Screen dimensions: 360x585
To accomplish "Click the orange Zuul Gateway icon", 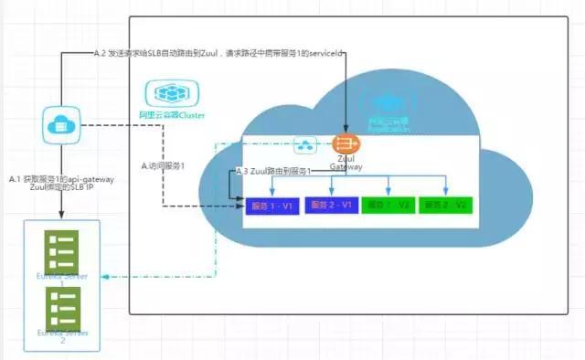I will pos(346,144).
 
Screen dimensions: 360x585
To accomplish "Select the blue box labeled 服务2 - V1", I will pos(330,206).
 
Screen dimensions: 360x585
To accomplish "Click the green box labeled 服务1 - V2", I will pos(388,206).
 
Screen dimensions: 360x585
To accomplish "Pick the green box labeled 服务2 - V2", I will pos(445,206).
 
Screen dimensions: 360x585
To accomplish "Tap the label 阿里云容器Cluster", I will pos(175,116).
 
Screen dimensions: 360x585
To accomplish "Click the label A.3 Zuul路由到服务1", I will pos(273,171).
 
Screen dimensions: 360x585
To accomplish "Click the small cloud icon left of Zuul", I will pos(305,144).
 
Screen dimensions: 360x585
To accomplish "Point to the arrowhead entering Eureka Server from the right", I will pos(105,275).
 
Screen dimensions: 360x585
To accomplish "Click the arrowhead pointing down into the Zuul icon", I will pos(346,129).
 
